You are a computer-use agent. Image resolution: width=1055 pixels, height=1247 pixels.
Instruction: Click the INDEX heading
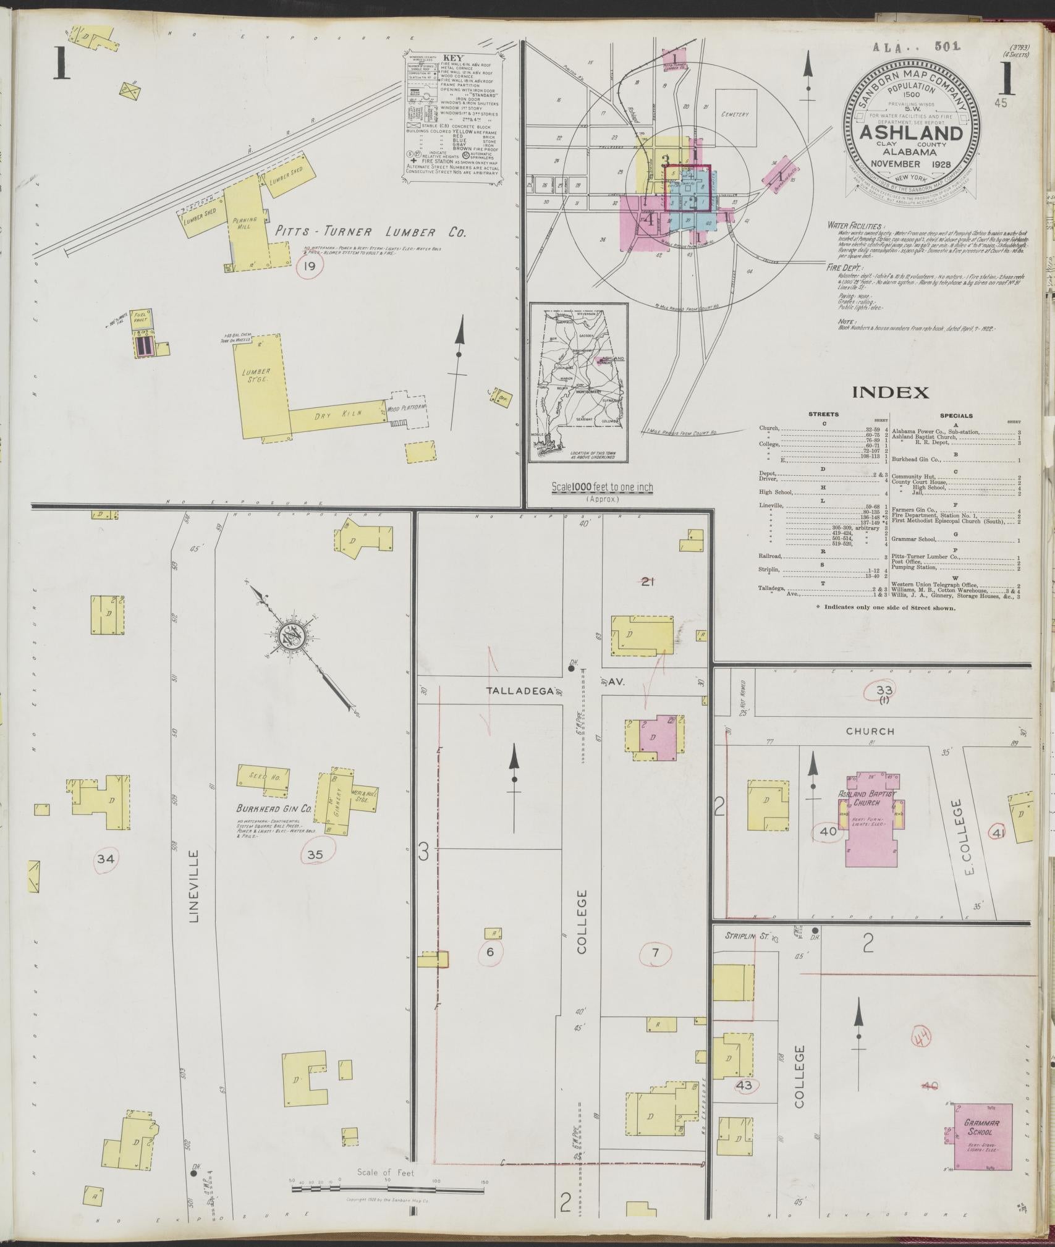[890, 392]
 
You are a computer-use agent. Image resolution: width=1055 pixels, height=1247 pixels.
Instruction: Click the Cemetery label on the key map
[734, 114]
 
